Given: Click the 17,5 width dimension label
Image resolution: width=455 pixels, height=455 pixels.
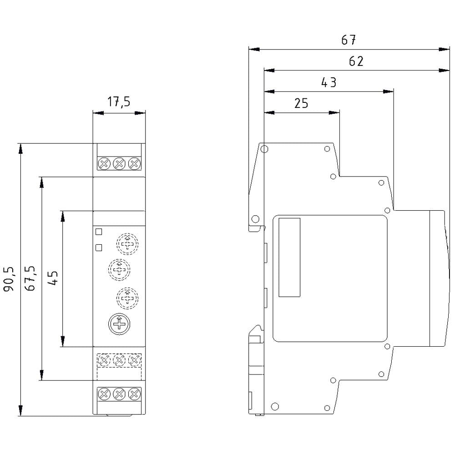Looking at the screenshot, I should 119,101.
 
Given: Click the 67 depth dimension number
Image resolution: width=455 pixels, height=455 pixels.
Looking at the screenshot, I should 349,40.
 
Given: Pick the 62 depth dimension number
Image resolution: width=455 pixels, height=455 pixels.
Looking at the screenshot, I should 356,61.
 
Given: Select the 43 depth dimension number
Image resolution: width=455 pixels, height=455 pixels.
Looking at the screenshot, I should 329,83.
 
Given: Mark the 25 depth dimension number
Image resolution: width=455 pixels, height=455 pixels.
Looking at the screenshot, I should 301,104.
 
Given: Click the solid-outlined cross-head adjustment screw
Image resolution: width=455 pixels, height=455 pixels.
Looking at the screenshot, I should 119,324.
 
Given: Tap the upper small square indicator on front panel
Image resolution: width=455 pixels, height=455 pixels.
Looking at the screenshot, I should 99,232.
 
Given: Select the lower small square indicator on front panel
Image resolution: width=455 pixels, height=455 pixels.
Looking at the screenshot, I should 99,248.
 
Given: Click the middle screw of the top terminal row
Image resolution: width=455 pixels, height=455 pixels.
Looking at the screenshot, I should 119,163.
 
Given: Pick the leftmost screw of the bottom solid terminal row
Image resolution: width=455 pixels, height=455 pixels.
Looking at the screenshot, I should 104,394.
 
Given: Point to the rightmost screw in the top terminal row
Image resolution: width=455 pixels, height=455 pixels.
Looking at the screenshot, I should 134,163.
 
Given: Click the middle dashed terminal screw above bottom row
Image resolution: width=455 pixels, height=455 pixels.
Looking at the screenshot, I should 119,361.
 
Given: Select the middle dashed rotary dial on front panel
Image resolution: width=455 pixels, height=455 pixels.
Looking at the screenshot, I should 119,269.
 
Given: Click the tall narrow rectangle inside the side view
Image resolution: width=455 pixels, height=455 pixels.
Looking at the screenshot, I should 289,257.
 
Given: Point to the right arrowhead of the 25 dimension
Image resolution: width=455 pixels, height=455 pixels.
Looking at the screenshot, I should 336,112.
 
